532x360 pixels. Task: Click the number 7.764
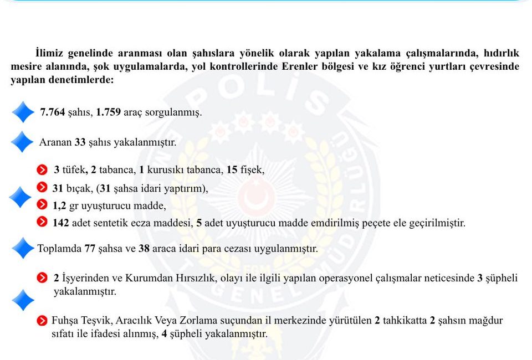[53, 112]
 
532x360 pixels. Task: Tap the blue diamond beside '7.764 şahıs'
[23, 112]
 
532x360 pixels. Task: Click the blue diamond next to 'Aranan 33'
[22, 142]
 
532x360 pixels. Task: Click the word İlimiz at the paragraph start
[50, 54]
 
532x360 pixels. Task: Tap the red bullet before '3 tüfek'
[42, 169]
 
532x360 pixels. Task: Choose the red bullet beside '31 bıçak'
[42, 188]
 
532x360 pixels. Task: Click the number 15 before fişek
[232, 169]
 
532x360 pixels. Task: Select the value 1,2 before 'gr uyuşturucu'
[59, 206]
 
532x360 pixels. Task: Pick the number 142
[61, 223]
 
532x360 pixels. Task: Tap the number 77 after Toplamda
[90, 249]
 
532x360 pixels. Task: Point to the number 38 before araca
[144, 249]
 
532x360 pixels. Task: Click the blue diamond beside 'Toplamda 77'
[23, 248]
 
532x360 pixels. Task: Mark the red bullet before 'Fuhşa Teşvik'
[42, 320]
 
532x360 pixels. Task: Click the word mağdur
[486, 320]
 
